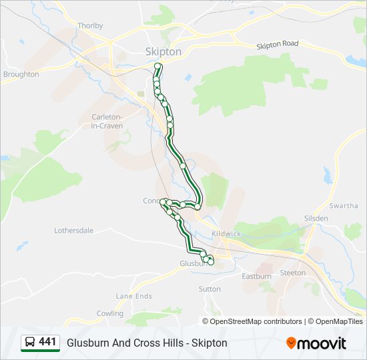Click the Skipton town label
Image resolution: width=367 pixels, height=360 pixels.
163,51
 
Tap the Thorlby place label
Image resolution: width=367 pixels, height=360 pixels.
90,26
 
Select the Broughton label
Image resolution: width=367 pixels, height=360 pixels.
21,74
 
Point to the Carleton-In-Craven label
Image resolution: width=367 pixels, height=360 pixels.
107,121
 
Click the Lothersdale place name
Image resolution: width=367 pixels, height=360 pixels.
73,231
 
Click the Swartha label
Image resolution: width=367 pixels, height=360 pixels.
344,206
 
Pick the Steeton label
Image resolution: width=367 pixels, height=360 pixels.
292,273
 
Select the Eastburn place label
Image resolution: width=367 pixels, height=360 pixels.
256,276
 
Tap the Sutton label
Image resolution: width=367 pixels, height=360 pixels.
210,289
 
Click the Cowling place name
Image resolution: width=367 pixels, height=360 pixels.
110,313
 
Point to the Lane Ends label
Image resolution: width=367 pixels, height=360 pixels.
134,296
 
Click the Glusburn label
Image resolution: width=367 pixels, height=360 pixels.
194,263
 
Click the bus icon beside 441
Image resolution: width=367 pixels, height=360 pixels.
30,343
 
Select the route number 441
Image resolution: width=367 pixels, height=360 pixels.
47,342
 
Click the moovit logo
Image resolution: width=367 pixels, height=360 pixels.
316,343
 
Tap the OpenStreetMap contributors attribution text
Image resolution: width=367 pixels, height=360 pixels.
255,321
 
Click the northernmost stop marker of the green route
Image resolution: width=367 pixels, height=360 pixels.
158,66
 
